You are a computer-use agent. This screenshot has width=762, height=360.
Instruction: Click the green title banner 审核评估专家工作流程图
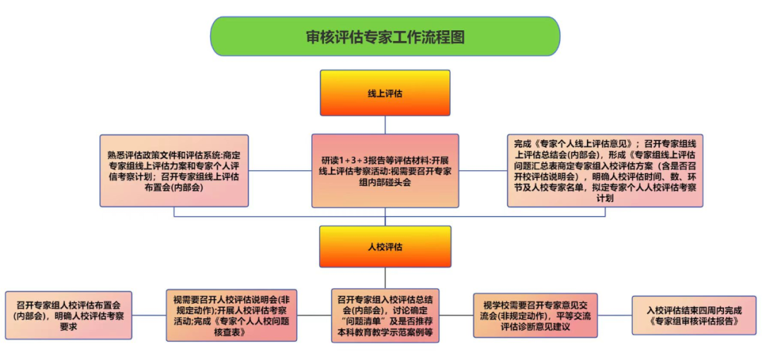(x=385, y=36)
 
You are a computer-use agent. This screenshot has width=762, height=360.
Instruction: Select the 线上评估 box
(x=385, y=92)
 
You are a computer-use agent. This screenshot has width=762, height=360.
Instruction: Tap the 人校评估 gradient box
(x=385, y=246)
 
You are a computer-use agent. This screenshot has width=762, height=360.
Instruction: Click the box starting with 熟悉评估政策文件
(x=174, y=170)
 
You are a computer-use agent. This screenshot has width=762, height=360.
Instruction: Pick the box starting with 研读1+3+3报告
(x=385, y=170)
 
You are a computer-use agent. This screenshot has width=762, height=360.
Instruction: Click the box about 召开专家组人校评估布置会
(x=68, y=316)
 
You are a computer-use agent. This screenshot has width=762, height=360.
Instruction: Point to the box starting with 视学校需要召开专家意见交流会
(x=535, y=315)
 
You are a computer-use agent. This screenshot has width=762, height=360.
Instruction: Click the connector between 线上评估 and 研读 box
(x=385, y=124)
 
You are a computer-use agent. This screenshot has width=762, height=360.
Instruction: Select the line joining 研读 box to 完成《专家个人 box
(x=483, y=170)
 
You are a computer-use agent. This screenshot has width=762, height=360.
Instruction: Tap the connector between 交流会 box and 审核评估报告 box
(x=615, y=315)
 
